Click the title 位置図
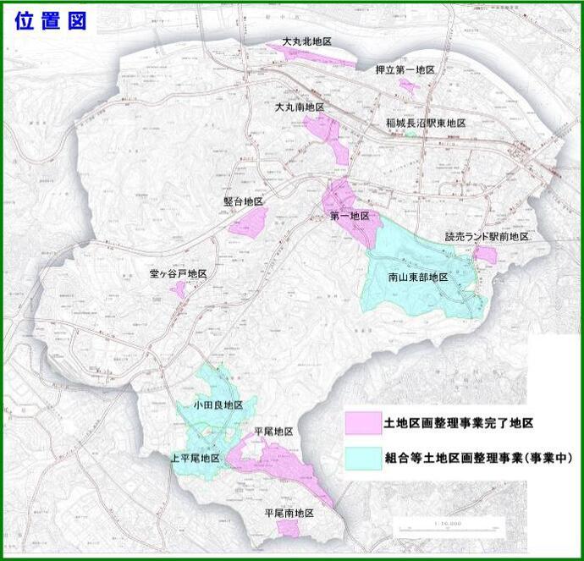click(51, 21)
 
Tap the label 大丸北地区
click(306, 41)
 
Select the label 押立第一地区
click(405, 69)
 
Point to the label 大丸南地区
click(300, 107)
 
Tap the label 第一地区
click(350, 217)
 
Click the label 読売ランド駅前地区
click(487, 237)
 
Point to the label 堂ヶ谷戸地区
click(178, 274)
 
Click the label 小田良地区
click(218, 405)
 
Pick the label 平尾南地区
click(289, 513)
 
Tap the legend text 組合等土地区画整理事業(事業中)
click(478, 458)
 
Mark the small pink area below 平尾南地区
click(289, 527)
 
